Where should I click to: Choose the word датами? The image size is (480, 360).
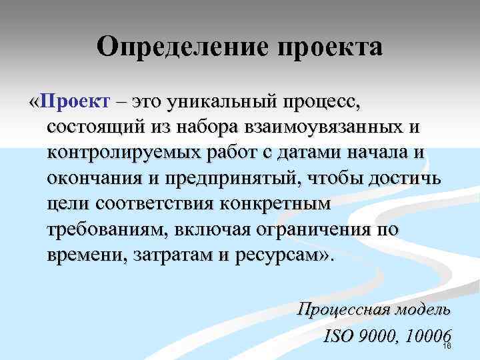pyautogui.click(x=300, y=153)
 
